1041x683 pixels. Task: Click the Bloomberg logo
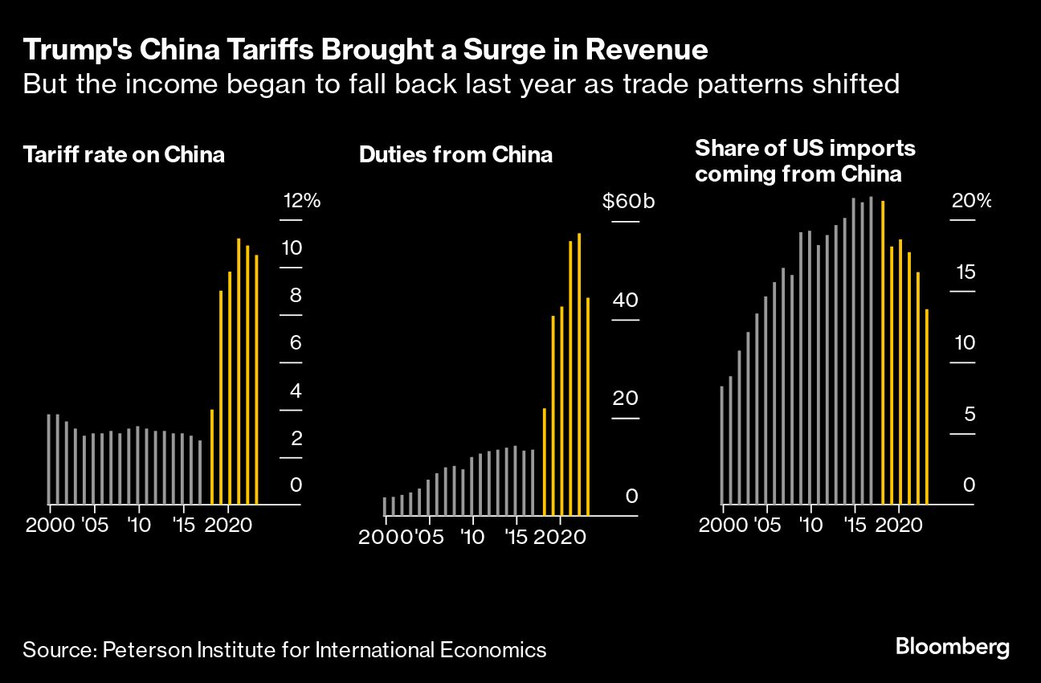tap(952, 648)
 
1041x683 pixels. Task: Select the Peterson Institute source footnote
tap(284, 649)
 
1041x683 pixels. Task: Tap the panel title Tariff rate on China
tap(124, 154)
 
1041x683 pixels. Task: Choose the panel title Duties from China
tap(455, 154)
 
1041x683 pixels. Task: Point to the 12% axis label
tap(300, 201)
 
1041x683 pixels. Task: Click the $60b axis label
tap(629, 201)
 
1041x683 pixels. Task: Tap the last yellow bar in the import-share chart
tap(927, 407)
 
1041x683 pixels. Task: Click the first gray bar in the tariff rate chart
tap(48, 459)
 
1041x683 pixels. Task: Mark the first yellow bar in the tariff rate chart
tap(212, 456)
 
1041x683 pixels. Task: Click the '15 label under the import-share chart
tap(855, 527)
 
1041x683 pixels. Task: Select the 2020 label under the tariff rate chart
tap(228, 527)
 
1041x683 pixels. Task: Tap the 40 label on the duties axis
tap(626, 301)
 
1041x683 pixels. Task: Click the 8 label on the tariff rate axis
tap(296, 296)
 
